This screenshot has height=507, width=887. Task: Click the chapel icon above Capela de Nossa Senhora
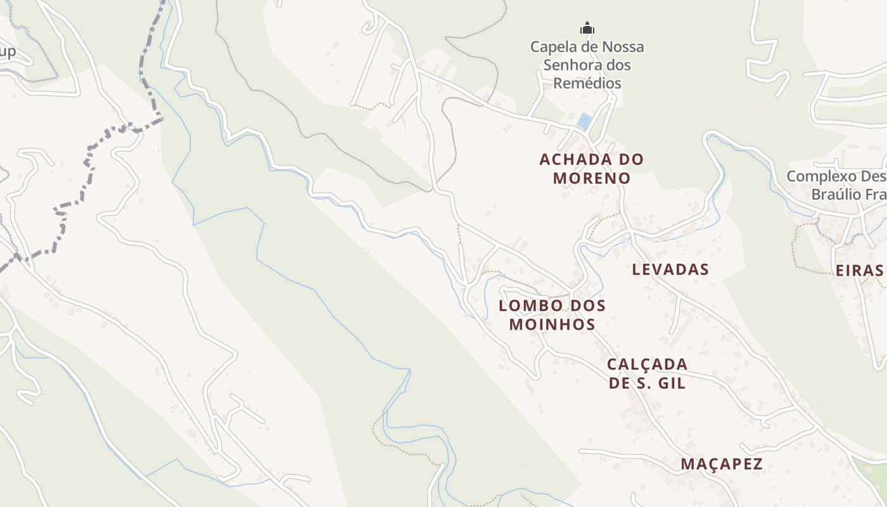(x=587, y=28)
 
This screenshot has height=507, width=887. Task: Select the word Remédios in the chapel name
(x=587, y=83)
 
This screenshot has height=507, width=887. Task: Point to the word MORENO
(x=592, y=178)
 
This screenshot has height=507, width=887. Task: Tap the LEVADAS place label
(x=670, y=269)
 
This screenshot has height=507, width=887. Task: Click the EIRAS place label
(x=859, y=271)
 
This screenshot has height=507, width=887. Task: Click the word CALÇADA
(x=647, y=364)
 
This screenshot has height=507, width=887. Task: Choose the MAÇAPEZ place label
(x=722, y=464)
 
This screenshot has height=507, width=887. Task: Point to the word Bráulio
(x=835, y=194)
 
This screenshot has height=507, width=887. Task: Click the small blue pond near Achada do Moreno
(x=584, y=120)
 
